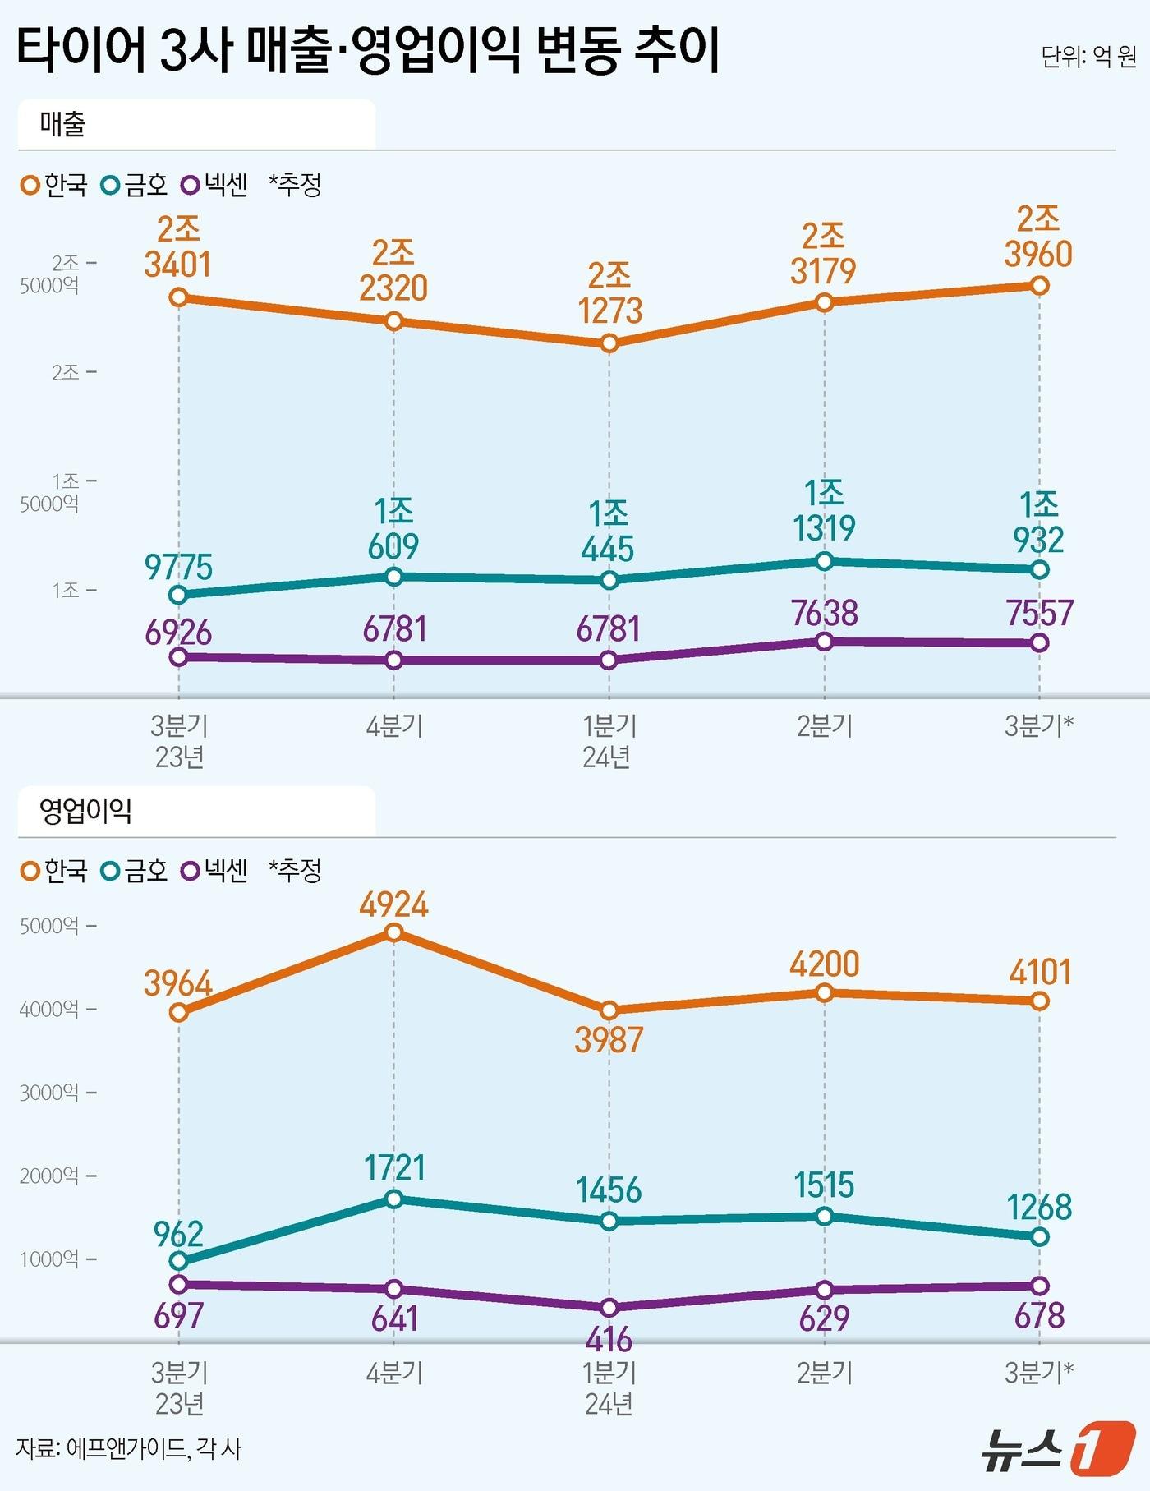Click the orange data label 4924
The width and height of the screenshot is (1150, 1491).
point(393,904)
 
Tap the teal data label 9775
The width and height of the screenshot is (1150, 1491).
point(178,567)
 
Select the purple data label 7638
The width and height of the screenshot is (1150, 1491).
point(824,613)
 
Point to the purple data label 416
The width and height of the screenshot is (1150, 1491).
point(609,1340)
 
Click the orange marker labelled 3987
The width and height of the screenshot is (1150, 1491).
point(609,1010)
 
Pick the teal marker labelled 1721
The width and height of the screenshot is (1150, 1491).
point(393,1199)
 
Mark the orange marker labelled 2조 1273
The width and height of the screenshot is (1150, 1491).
point(609,343)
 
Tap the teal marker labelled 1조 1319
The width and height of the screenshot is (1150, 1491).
point(824,561)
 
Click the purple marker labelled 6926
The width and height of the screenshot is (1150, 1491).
point(178,656)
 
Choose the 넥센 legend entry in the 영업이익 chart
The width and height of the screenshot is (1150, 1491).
point(216,871)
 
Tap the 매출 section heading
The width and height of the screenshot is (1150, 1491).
point(63,124)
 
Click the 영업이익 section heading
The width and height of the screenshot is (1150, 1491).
point(85,812)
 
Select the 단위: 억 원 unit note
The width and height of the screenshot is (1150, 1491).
point(1088,57)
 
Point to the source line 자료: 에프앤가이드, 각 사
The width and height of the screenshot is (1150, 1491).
point(129,1447)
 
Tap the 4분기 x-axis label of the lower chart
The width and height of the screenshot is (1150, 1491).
point(394,1373)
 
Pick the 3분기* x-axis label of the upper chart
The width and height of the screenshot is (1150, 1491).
point(1039,726)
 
